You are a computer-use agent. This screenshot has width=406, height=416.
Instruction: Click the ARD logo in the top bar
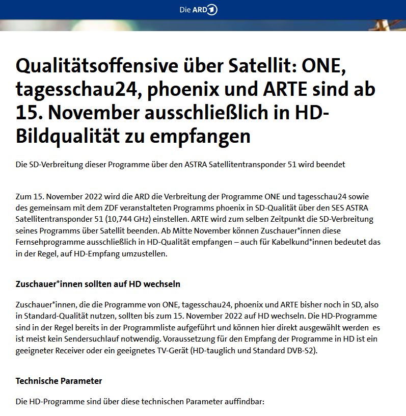pyautogui.click(x=203, y=10)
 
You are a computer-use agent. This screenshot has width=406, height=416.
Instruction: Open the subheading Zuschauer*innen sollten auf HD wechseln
pyautogui.click(x=98, y=283)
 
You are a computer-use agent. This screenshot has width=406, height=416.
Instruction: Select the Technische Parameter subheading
pyautogui.click(x=59, y=381)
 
